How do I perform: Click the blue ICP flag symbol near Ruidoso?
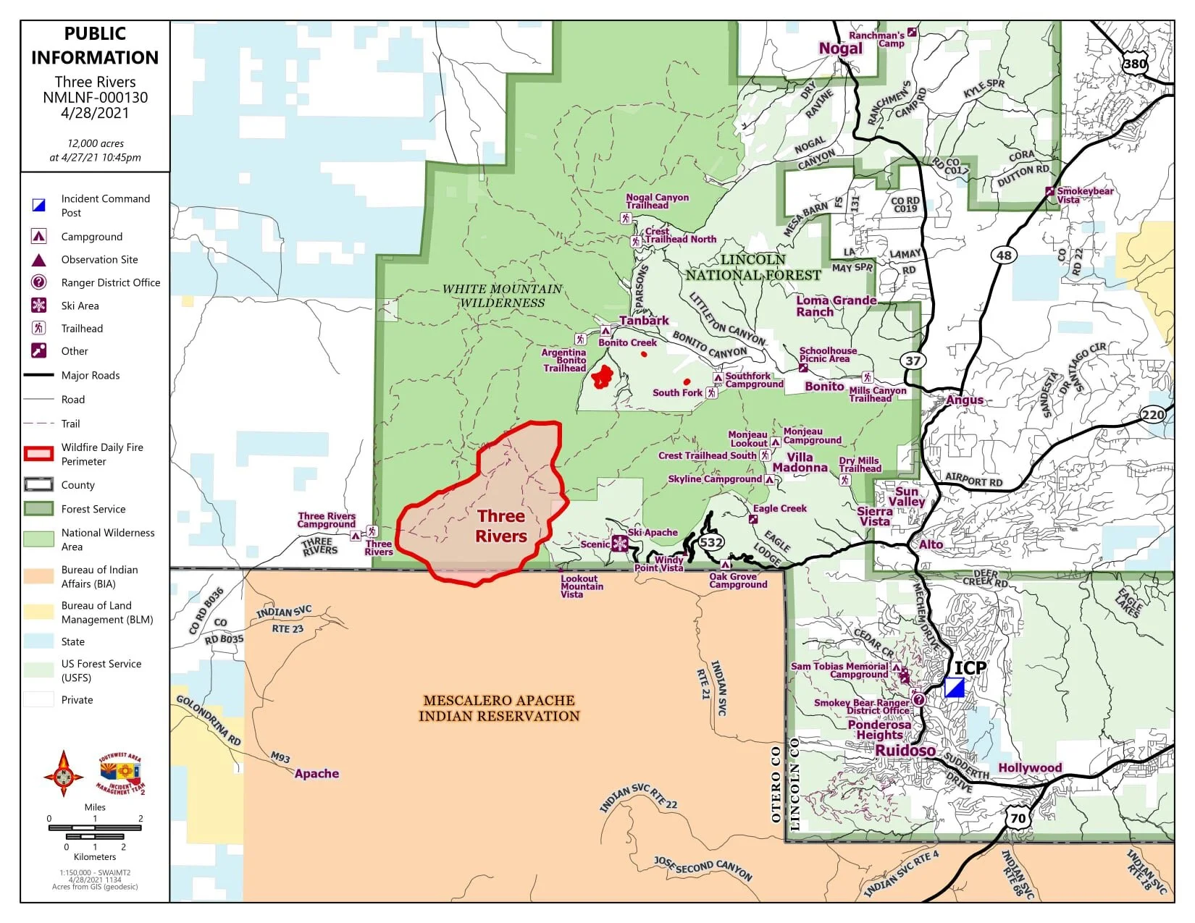pos(955,688)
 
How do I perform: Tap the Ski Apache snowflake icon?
pos(620,544)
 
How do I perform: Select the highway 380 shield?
pos(1135,63)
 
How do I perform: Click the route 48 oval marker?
pos(1003,255)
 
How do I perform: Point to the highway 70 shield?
pos(1018,818)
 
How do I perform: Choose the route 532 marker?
pos(710,542)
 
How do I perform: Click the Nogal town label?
pos(840,49)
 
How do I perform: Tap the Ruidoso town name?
pos(905,751)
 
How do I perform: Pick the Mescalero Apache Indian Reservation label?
pos(499,708)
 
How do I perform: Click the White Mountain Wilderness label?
pos(502,295)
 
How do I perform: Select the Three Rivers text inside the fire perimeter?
pos(501,526)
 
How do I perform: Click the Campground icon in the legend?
pos(39,236)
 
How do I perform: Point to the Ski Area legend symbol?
pos(39,305)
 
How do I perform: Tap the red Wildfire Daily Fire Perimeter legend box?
pos(39,454)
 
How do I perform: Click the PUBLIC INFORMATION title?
pos(95,45)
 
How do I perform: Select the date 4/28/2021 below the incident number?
pos(95,113)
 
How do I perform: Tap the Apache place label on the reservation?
pos(316,773)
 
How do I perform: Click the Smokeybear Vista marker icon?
pos(1049,191)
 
